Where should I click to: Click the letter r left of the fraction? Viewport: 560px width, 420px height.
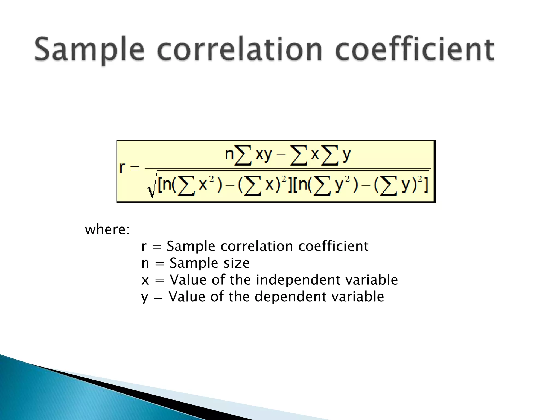coord(122,167)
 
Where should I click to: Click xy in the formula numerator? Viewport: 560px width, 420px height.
coord(264,155)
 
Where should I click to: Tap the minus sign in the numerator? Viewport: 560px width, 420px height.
coord(281,155)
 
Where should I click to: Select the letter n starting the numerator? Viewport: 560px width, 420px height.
coord(229,154)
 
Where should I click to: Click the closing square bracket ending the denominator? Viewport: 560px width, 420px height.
coord(425,185)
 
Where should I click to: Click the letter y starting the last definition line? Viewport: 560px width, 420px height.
coord(144,297)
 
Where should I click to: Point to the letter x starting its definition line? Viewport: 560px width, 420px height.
coord(145,280)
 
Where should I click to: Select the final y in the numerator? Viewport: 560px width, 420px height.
coord(346,155)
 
